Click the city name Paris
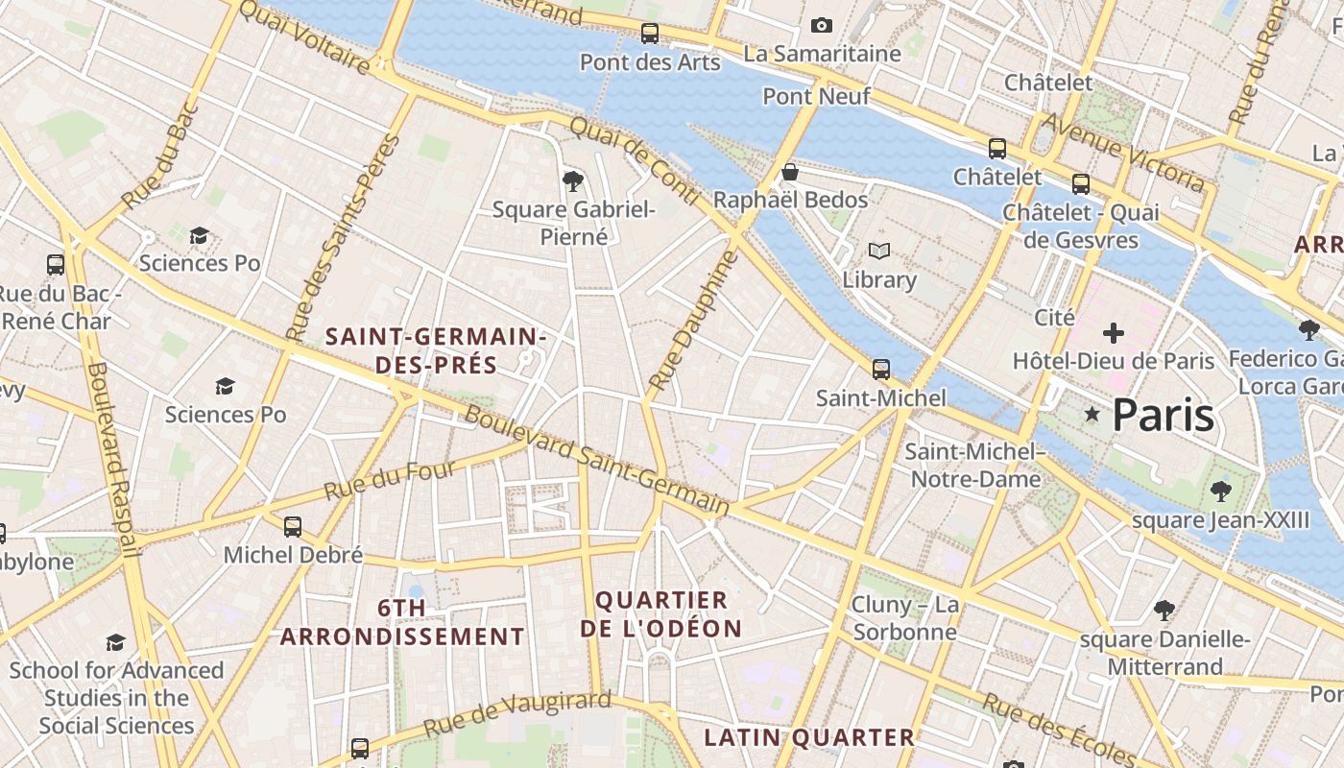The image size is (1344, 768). [x=1163, y=415]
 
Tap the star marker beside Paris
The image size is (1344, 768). [x=1092, y=415]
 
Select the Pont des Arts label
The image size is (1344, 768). [x=650, y=62]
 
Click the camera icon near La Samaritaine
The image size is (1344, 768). [x=821, y=25]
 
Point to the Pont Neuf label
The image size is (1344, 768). [x=816, y=96]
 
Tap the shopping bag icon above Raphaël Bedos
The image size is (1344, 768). [x=790, y=173]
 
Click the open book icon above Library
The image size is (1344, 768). [x=878, y=252]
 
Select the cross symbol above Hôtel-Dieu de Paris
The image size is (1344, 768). [x=1114, y=334]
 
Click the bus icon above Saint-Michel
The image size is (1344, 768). [x=880, y=370]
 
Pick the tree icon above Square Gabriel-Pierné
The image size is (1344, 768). [x=573, y=180]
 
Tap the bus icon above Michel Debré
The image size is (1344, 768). [x=293, y=527]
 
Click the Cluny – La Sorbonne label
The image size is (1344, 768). [x=905, y=617]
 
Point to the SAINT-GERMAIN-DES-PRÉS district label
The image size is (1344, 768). [x=436, y=350]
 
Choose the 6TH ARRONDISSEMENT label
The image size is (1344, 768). [x=402, y=622]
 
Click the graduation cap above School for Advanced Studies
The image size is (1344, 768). [x=115, y=642]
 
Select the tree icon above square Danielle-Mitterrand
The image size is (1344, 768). [x=1164, y=611]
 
